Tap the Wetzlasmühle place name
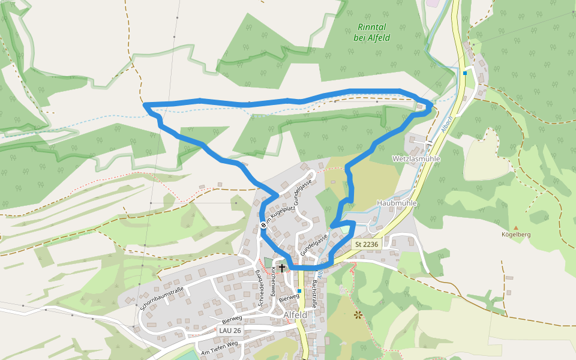pos(416,159)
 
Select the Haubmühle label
pos(397,203)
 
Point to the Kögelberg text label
pos(516,235)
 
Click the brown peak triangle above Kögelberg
pos(515,227)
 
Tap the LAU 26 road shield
pos(230,331)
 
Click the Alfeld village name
pos(295,315)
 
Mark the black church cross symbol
pos(281,268)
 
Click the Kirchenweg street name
pos(273,281)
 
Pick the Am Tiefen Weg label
pos(220,346)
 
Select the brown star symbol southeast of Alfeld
pos(358,314)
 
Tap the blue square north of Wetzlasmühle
pos(465,73)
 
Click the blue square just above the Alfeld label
pos(299,291)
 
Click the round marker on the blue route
pos(263,225)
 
